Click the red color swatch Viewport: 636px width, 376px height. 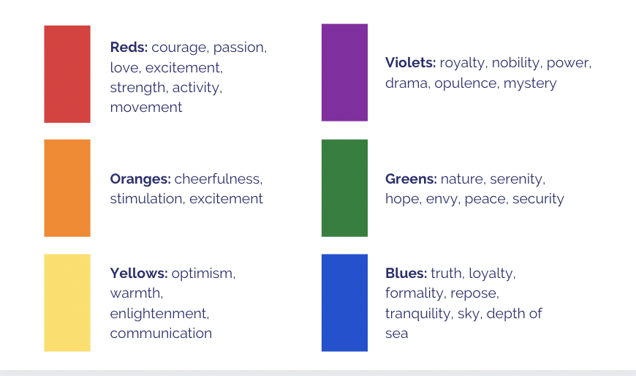[x=67, y=74]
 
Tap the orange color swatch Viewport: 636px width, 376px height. [x=67, y=188]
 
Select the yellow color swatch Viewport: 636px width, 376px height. [x=67, y=303]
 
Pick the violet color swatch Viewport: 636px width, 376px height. [x=345, y=72]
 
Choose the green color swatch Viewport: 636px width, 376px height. [x=345, y=188]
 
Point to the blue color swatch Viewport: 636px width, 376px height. [x=345, y=303]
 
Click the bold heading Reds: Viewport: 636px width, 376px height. [x=129, y=47]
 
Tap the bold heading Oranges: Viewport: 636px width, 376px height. [x=140, y=179]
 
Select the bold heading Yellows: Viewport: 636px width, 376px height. [x=139, y=273]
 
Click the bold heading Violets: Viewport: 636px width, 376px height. [x=411, y=62]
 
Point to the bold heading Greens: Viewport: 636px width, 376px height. [x=411, y=179]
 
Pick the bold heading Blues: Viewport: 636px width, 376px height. [x=406, y=273]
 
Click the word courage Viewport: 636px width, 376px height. [x=180, y=48]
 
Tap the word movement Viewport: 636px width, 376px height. [x=146, y=108]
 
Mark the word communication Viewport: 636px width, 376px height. [x=161, y=334]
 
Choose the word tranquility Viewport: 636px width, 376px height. [x=417, y=314]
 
